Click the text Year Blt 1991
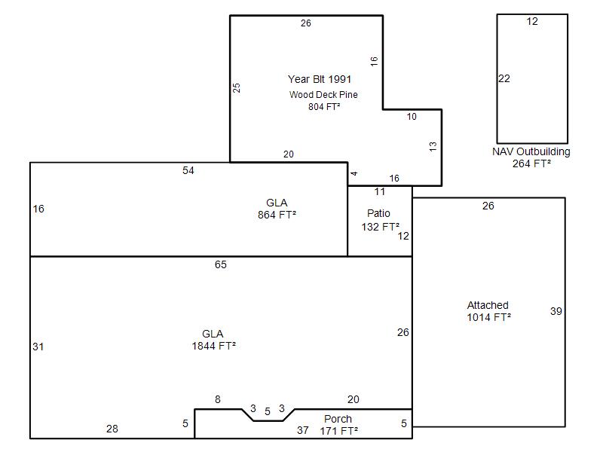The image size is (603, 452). click(x=320, y=79)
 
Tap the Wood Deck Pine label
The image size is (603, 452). click(x=323, y=95)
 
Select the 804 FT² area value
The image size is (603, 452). click(x=324, y=106)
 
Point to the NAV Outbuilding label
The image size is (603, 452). click(x=531, y=151)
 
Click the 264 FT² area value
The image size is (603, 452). click(x=531, y=163)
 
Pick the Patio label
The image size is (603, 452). click(x=378, y=213)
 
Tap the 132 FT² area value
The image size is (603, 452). click(x=381, y=227)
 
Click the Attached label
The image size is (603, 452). click(x=488, y=305)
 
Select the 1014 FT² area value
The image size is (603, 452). click(x=488, y=317)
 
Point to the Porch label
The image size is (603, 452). click(x=338, y=419)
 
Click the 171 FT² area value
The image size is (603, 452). click(x=338, y=431)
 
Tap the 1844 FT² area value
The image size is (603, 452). click(x=214, y=346)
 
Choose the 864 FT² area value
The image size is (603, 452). click(x=277, y=215)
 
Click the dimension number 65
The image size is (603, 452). click(x=221, y=264)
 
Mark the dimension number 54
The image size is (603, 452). click(x=188, y=171)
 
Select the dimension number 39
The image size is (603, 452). click(x=556, y=311)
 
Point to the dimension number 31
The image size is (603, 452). click(x=38, y=347)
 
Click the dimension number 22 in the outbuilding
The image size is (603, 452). click(x=504, y=79)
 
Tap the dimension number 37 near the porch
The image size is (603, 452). click(x=303, y=430)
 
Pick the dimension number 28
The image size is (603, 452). click(x=112, y=429)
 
